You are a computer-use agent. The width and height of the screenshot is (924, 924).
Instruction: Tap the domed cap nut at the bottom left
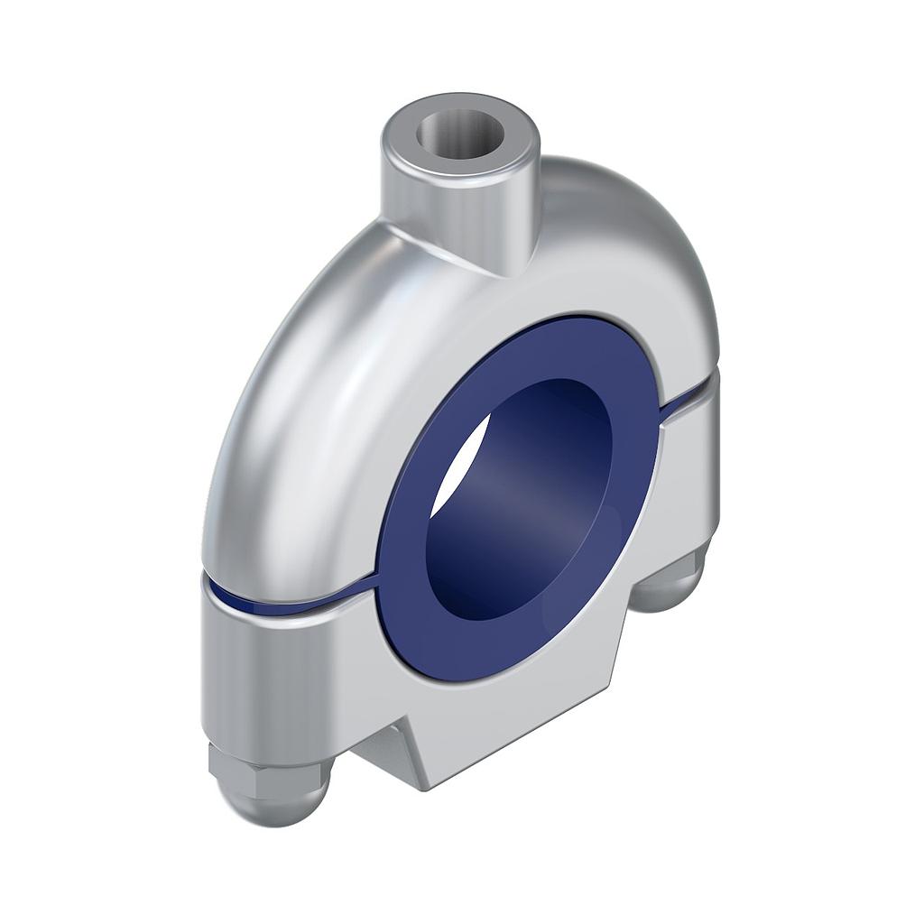coord(271,794)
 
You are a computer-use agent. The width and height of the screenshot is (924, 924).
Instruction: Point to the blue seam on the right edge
coord(690,397)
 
